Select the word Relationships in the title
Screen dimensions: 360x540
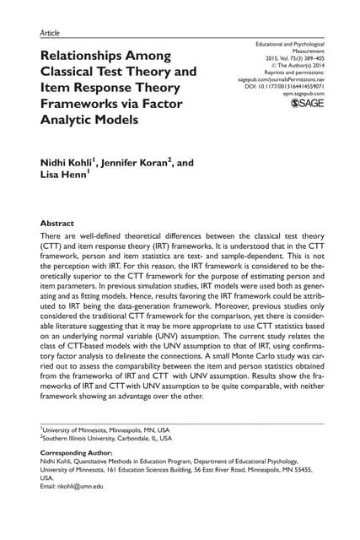click(90, 56)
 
